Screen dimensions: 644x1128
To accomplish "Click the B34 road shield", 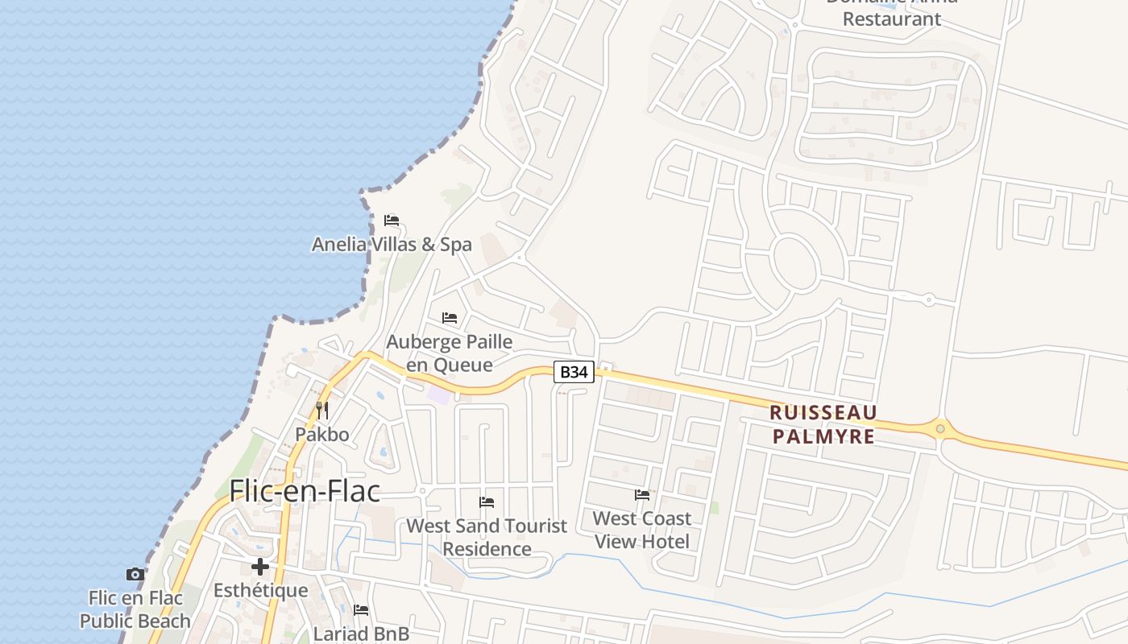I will tap(574, 372).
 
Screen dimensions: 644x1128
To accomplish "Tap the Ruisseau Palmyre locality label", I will tap(823, 424).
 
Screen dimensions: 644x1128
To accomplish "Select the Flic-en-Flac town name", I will tap(305, 490).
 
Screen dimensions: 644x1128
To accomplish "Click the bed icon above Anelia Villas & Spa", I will tap(392, 221).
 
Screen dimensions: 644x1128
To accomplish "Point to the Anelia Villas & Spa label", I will tap(392, 244).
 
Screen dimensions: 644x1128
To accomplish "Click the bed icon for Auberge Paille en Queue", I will tap(450, 318).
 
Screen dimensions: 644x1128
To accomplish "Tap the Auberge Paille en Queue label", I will tap(450, 353).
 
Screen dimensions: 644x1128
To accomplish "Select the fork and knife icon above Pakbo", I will tap(321, 411).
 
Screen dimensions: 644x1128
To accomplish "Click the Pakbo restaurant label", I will tap(321, 435).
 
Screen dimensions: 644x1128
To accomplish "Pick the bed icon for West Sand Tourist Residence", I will tap(487, 502).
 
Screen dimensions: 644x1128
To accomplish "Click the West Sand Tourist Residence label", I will tap(487, 537).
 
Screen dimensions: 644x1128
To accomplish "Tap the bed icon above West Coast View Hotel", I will tap(642, 494).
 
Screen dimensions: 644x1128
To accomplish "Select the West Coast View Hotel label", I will tap(642, 529).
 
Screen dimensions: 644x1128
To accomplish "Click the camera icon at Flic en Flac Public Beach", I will tap(135, 575).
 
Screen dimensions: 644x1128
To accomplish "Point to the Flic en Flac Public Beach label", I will tap(135, 609).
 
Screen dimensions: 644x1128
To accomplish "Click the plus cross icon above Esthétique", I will tap(260, 567).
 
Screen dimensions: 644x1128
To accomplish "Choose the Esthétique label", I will tap(260, 590).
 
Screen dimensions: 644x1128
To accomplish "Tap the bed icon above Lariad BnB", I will tap(361, 610).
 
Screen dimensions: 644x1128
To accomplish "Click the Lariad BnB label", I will tap(361, 634).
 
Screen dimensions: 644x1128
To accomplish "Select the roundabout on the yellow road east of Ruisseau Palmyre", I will tap(940, 427).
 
